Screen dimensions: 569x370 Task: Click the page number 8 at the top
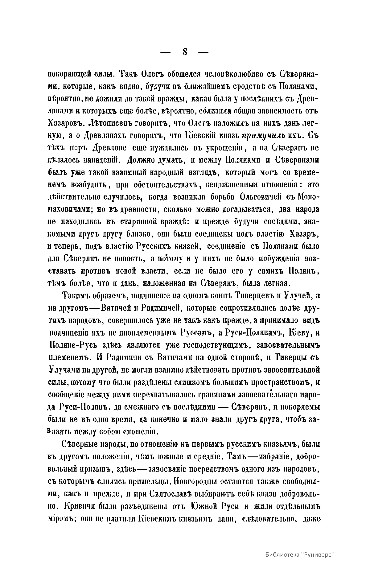pyautogui.click(x=185, y=52)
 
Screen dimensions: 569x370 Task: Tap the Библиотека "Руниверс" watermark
pyautogui.click(x=300, y=554)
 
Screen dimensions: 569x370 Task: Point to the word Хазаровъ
pyautogui.click(x=66, y=123)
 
